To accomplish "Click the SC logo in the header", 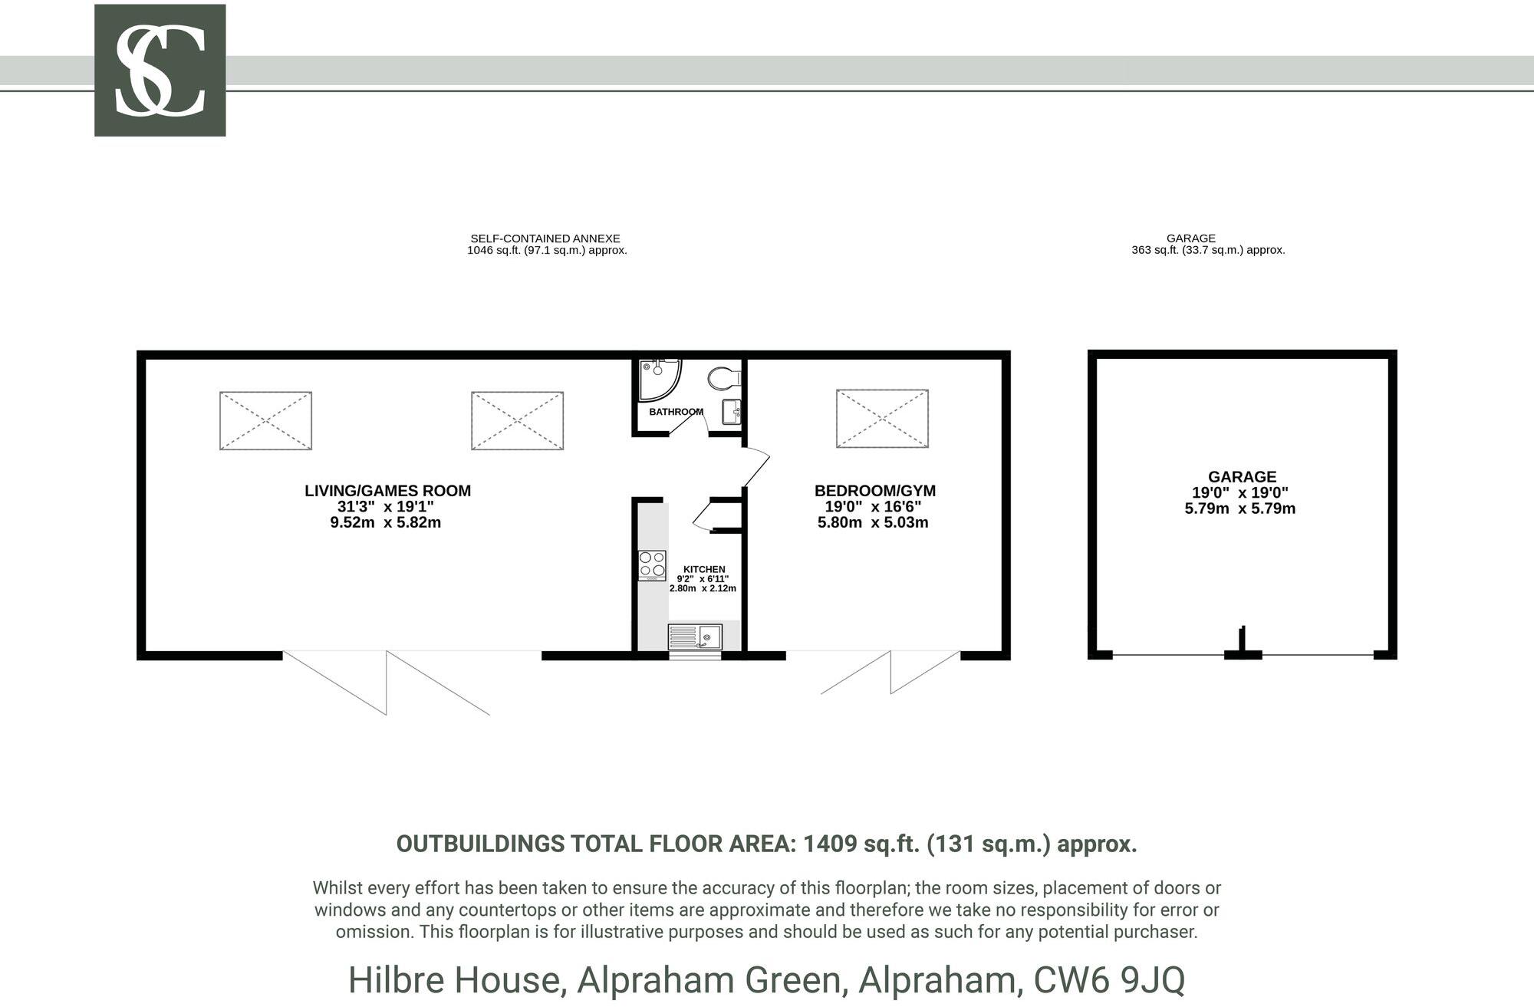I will point(160,71).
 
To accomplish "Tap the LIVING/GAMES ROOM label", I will point(387,491).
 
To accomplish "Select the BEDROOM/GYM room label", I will point(874,491).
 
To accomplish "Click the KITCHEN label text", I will point(703,569).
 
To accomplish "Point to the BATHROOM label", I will point(675,412).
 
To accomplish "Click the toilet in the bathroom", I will point(723,377).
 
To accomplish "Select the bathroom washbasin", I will point(732,412).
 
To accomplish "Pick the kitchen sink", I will point(695,637).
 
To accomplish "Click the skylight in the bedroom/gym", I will point(882,419).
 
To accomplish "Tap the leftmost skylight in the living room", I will point(265,420).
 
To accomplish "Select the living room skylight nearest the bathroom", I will point(517,420).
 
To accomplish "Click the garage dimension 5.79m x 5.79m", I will point(1239,508).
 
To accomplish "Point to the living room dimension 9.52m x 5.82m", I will point(385,523).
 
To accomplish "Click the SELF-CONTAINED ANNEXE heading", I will point(545,239).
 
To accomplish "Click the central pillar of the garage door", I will point(1242,644).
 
